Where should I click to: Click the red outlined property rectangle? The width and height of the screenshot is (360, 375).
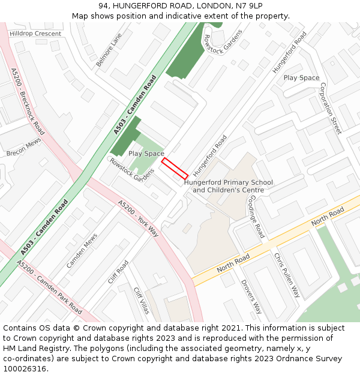click(x=175, y=168)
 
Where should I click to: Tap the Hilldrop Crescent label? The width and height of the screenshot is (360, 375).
click(x=35, y=34)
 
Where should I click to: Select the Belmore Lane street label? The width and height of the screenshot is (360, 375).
click(x=109, y=50)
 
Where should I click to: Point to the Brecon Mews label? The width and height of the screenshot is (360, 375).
click(x=23, y=146)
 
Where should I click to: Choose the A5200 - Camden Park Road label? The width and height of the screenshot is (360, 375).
click(x=49, y=287)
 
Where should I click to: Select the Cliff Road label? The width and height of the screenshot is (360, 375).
click(x=118, y=272)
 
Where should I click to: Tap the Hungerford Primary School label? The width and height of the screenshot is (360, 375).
click(x=229, y=182)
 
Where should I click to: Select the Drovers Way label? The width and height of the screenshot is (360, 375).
click(x=251, y=296)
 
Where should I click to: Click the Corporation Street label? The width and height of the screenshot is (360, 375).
click(x=331, y=108)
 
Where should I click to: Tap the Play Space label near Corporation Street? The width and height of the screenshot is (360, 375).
click(x=301, y=78)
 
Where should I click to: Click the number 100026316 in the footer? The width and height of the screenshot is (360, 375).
click(x=25, y=368)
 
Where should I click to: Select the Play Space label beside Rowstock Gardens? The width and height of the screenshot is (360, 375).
click(x=146, y=154)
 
